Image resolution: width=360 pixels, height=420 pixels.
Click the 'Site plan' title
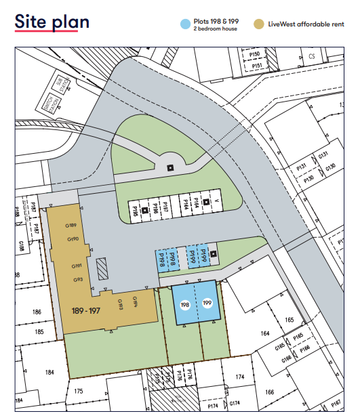pos(52,22)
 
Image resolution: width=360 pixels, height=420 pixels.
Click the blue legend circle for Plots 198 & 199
pos(184,24)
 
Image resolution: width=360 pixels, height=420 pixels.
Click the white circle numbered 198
pos(184,306)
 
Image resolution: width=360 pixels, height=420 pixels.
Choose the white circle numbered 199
pos(207,305)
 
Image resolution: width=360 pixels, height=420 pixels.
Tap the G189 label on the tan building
pos(71,225)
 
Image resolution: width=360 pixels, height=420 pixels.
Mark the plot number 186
pos(36,312)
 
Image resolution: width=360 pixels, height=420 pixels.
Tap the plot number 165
pos(290,319)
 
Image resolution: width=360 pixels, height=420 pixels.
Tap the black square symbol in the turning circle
pos(170,168)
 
